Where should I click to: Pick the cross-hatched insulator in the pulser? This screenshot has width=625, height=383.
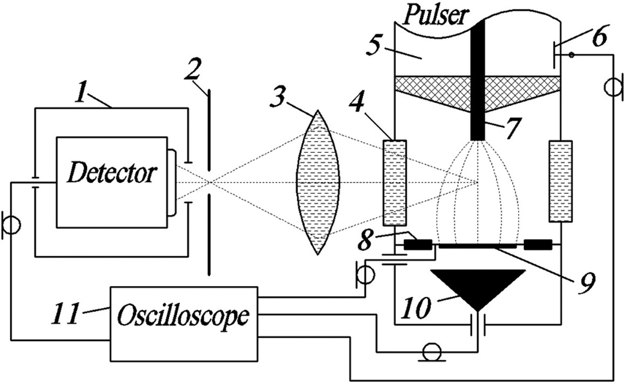tap(429, 87)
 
